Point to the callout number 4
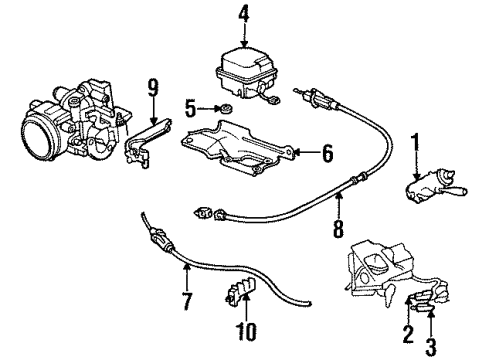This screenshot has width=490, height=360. point(244,15)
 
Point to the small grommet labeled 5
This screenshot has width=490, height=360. point(227,108)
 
